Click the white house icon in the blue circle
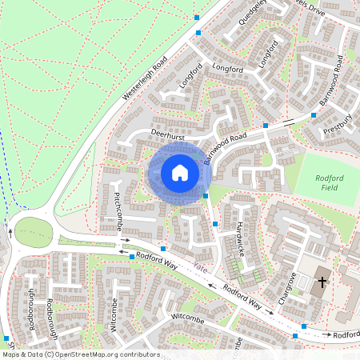click(180, 172)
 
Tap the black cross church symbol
click(323, 282)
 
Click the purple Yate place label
click(201, 267)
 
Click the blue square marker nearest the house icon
click(206, 195)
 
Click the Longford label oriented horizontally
click(227, 69)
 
